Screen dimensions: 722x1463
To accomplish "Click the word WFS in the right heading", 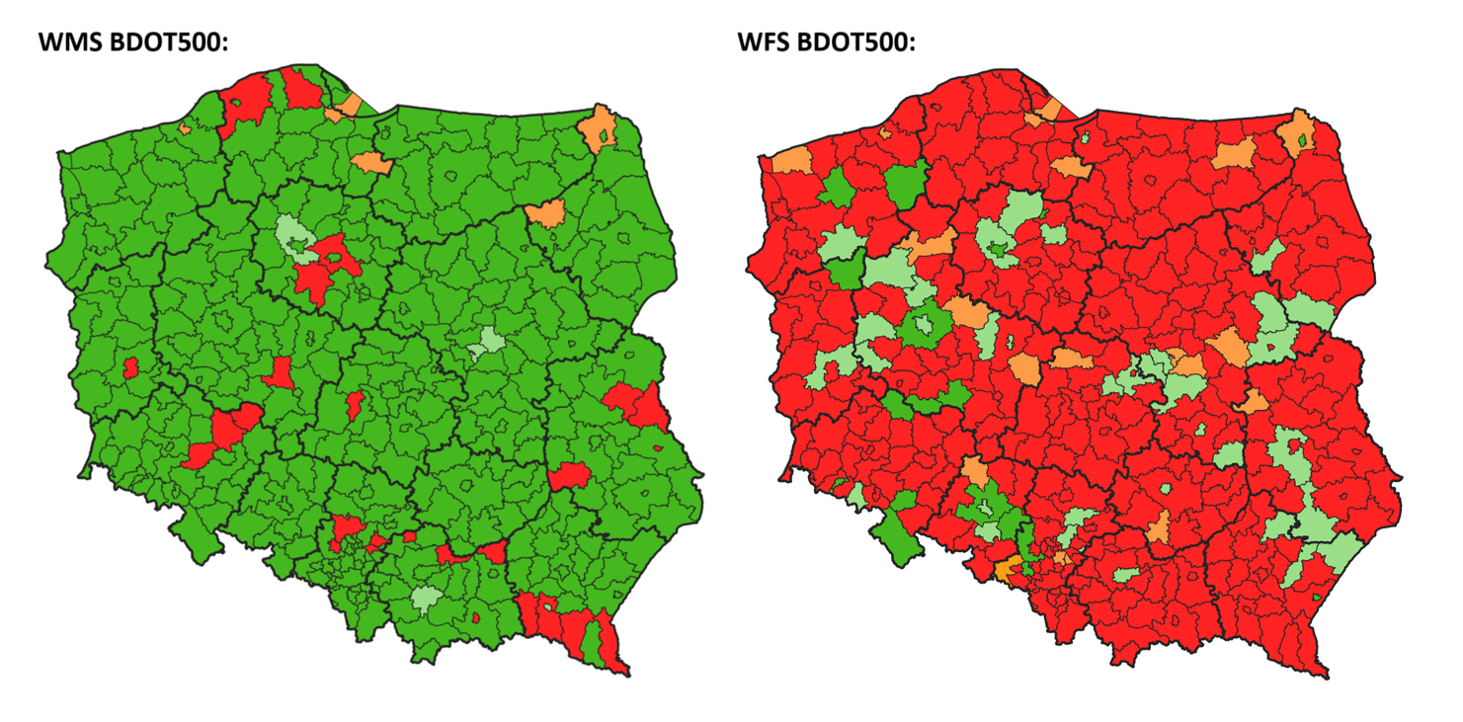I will click(x=768, y=43).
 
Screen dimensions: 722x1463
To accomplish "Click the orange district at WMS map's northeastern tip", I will click(x=599, y=129).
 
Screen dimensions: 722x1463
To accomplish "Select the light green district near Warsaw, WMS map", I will click(x=486, y=345).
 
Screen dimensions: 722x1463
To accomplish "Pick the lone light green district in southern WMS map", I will click(x=427, y=599).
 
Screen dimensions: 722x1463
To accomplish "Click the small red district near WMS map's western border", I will click(x=130, y=367).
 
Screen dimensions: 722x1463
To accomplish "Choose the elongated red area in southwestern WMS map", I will click(x=225, y=435).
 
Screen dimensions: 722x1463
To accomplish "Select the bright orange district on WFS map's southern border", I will click(x=1007, y=570).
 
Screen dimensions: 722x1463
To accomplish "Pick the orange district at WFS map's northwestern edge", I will click(x=791, y=161).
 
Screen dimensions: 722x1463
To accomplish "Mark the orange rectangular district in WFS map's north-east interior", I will click(x=1234, y=153).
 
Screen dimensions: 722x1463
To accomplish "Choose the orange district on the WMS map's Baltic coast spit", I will click(x=350, y=105).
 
